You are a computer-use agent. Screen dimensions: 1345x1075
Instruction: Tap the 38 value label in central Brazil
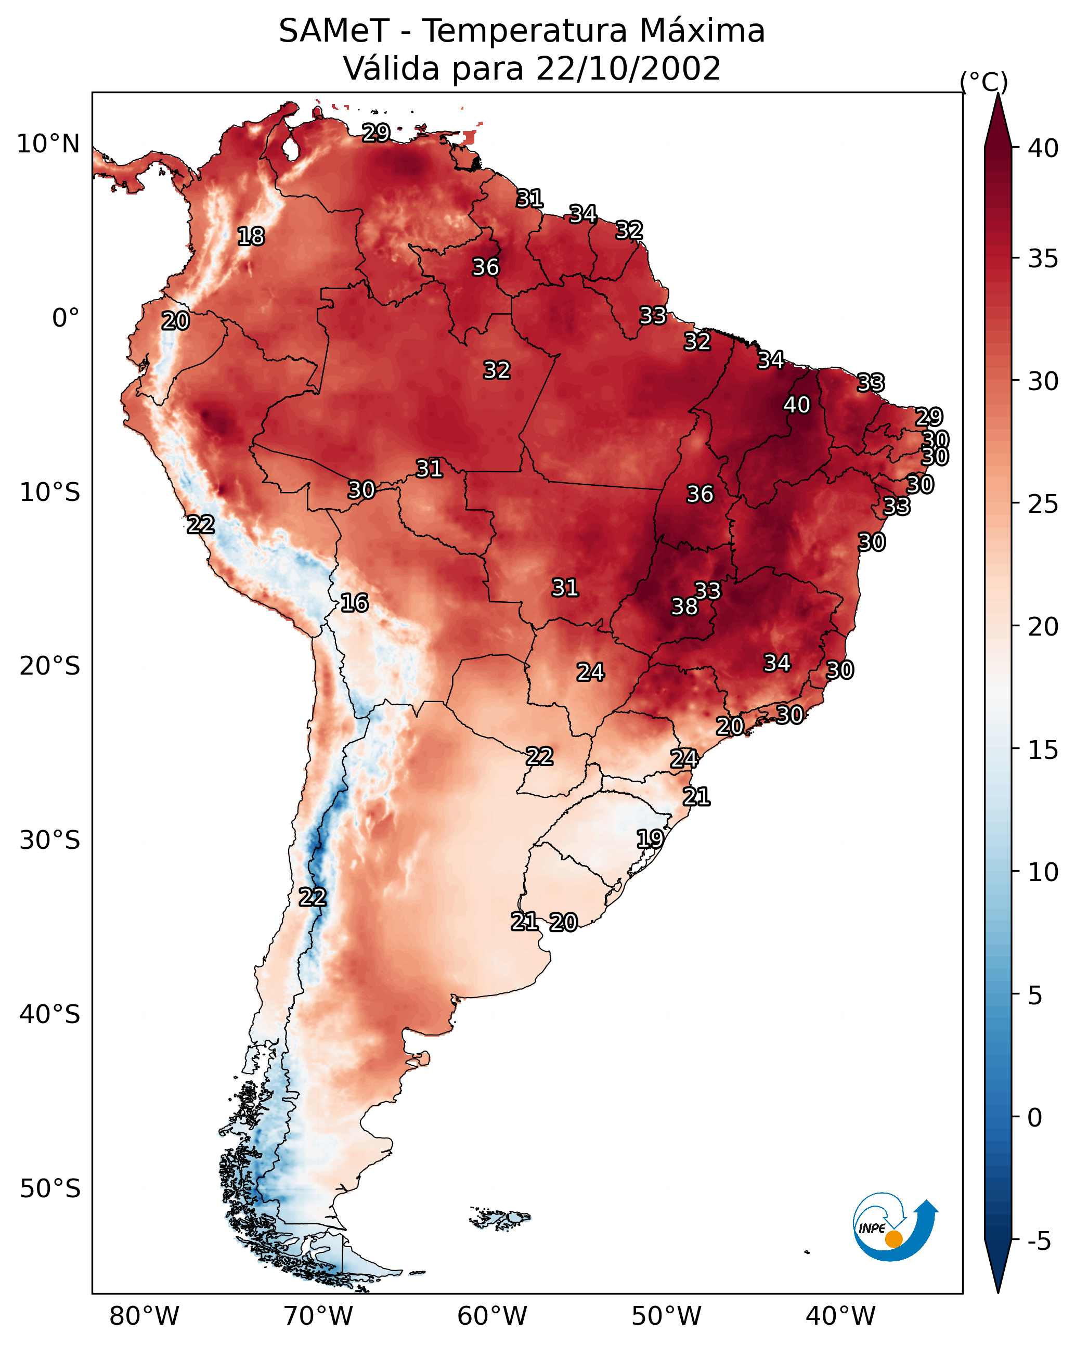[684, 606]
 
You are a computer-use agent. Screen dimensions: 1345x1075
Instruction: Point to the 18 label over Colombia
[251, 237]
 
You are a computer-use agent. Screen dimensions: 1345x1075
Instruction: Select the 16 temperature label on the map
[354, 603]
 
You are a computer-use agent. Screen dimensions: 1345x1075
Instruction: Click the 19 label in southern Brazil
[650, 838]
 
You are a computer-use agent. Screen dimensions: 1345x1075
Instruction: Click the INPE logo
[894, 1230]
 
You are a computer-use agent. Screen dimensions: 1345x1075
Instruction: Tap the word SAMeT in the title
[334, 31]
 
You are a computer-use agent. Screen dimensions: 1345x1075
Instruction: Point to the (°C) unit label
[983, 82]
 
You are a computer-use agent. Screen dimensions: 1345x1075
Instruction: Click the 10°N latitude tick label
[48, 144]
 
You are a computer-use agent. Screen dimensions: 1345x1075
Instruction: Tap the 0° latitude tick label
[66, 318]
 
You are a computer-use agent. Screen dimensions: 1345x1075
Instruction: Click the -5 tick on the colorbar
[1039, 1241]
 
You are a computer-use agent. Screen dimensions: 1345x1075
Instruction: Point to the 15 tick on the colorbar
[1043, 750]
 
